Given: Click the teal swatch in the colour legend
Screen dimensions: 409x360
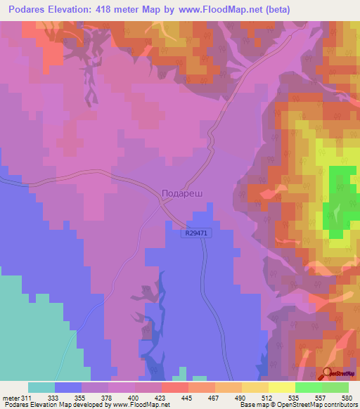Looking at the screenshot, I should point(41,387).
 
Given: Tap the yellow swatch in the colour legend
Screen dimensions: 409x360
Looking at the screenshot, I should point(281,387).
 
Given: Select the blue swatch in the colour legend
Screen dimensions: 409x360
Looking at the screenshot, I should point(68,387).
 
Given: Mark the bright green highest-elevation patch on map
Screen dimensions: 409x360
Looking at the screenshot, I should point(342,197).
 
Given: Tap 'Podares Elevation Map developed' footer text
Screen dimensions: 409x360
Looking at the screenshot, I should point(56,405).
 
